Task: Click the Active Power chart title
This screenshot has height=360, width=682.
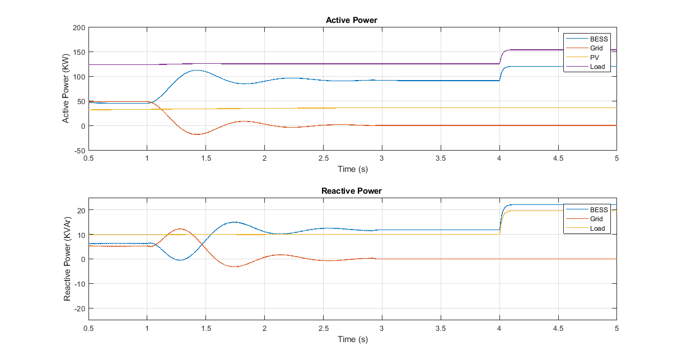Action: click(x=352, y=20)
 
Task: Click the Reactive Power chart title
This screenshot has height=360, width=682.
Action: click(x=352, y=191)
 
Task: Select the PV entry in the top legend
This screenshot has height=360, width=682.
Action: click(x=595, y=57)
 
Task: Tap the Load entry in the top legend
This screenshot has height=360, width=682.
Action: click(x=597, y=67)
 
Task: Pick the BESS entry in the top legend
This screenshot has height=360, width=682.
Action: click(x=599, y=39)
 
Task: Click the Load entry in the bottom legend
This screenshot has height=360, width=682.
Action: click(x=597, y=228)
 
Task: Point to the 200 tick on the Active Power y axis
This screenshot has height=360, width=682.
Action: click(x=78, y=27)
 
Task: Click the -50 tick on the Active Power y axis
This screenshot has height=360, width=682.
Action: click(x=77, y=151)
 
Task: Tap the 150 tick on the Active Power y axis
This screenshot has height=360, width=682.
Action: click(x=78, y=52)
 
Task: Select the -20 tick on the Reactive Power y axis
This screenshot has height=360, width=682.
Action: click(x=78, y=308)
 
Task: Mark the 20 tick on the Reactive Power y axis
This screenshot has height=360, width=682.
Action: click(x=81, y=210)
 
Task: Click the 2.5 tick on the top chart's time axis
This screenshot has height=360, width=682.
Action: click(x=323, y=158)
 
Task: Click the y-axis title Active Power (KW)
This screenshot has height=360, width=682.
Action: click(x=66, y=89)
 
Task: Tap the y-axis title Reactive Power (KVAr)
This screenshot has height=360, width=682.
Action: click(x=67, y=259)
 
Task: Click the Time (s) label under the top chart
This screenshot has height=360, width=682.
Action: click(x=352, y=169)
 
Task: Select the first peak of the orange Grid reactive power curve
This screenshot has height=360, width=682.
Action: click(x=180, y=228)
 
